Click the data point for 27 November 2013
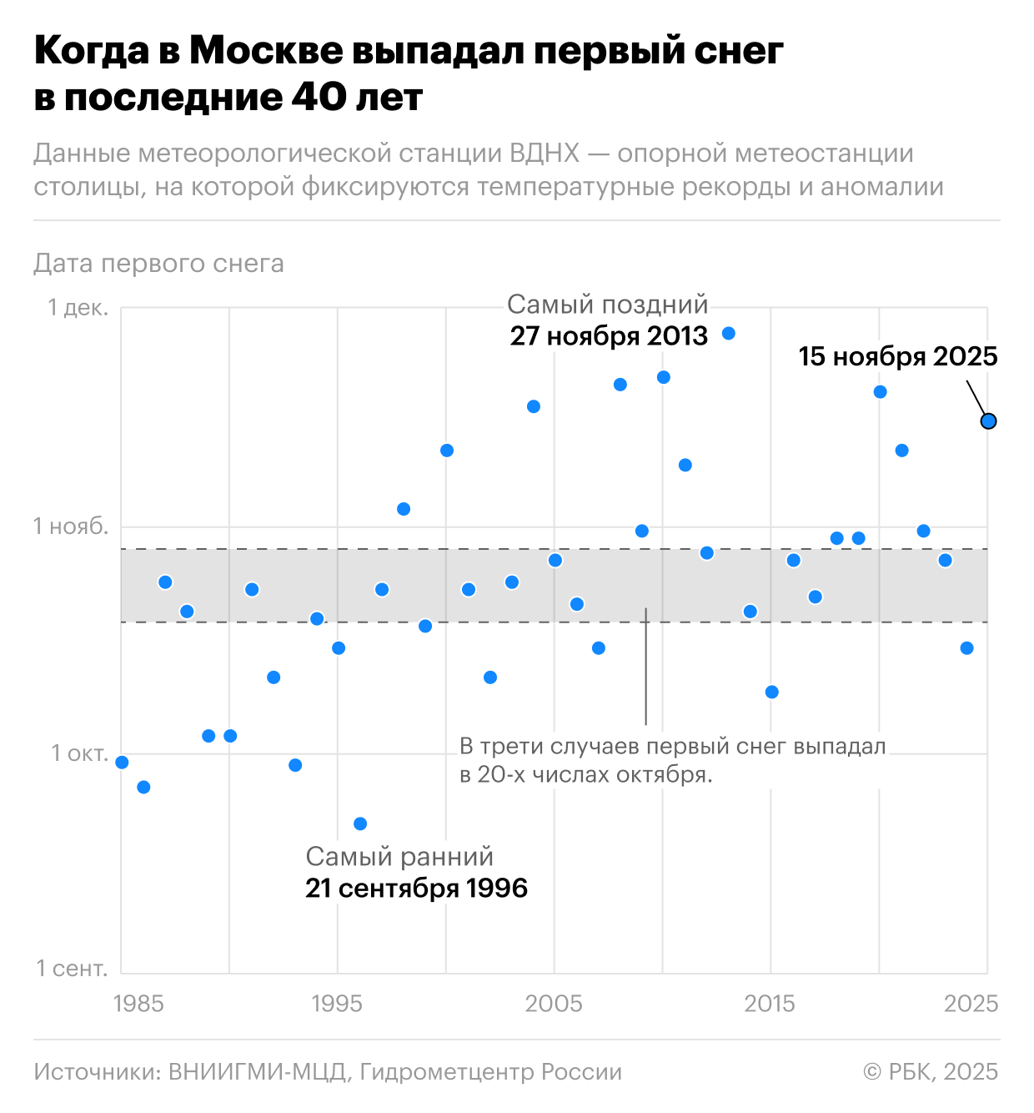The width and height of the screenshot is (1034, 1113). (x=728, y=334)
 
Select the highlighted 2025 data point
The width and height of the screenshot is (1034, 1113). (x=988, y=421)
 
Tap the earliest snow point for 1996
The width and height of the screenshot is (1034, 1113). (x=360, y=823)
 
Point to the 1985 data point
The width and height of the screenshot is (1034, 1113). (x=122, y=762)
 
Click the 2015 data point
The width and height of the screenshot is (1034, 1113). (x=771, y=692)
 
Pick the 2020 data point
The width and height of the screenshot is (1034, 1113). (x=880, y=392)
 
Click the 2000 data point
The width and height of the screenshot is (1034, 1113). (x=446, y=451)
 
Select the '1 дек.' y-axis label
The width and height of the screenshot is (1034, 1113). (x=78, y=308)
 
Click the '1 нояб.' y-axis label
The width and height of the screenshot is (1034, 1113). (x=71, y=526)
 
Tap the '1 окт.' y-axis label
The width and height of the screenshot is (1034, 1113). (x=80, y=753)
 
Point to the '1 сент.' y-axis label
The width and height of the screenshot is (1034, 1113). (x=73, y=969)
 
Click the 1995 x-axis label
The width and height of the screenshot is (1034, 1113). (x=337, y=1003)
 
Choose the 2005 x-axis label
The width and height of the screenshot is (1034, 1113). (x=554, y=1003)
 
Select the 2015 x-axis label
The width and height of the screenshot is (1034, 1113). (x=770, y=1003)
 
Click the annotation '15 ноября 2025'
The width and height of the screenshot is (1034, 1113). (x=898, y=357)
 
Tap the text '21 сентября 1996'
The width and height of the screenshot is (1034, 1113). (x=416, y=889)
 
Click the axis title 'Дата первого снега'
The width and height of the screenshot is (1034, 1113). (x=158, y=264)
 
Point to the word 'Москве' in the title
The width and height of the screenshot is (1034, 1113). (x=266, y=52)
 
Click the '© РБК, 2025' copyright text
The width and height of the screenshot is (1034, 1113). (x=931, y=1072)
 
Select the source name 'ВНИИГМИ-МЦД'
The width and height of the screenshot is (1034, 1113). (x=257, y=1072)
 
